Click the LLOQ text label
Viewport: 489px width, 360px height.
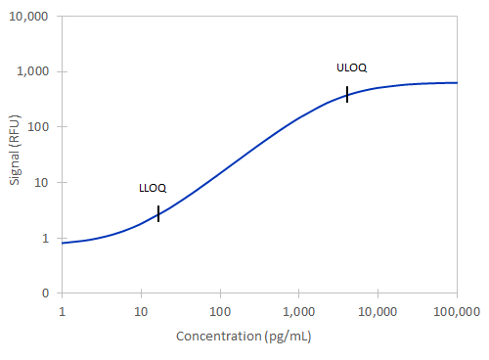[x=153, y=188]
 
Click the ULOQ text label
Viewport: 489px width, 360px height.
[x=351, y=67]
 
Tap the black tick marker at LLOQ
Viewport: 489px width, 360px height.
[x=158, y=214]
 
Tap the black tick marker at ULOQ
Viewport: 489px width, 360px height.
[x=347, y=94]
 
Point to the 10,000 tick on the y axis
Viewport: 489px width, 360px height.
[x=34, y=17]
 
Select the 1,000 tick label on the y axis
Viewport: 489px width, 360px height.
[x=38, y=72]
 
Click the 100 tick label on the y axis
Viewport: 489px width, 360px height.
[x=43, y=127]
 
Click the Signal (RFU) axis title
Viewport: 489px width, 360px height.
[x=15, y=154]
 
